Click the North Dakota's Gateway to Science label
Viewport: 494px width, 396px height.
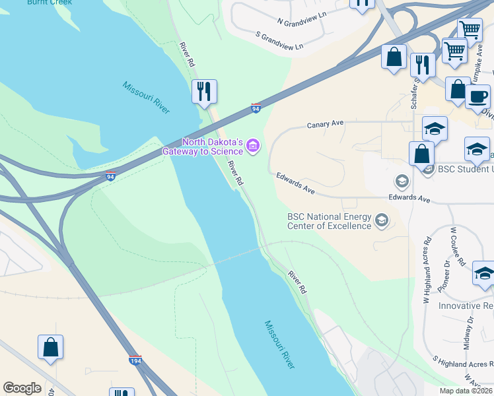tap(213, 147)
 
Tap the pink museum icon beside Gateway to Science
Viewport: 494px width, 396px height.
tap(254, 146)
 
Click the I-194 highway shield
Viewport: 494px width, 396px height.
tap(135, 361)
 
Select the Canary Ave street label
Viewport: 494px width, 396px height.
tap(326, 124)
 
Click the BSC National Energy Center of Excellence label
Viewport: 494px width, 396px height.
tap(329, 221)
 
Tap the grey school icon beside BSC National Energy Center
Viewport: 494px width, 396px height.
tap(381, 220)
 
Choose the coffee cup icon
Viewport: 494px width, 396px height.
tap(477, 96)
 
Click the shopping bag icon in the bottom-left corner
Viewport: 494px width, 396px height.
tap(50, 347)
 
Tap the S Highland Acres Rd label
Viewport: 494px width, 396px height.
tap(463, 364)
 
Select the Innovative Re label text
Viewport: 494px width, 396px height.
tap(466, 306)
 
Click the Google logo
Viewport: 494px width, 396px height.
tap(22, 388)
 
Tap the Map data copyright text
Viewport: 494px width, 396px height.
tap(466, 391)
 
